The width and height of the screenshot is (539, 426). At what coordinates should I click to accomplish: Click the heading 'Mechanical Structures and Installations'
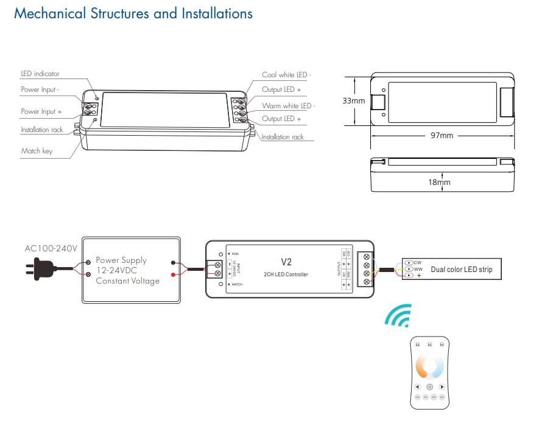point(133,13)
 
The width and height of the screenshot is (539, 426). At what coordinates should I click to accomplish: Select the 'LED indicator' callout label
point(40,74)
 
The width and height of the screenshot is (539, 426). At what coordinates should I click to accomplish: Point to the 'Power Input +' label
point(41,111)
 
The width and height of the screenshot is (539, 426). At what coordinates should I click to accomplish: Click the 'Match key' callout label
point(37,151)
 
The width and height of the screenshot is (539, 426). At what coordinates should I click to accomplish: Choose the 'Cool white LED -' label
point(286,75)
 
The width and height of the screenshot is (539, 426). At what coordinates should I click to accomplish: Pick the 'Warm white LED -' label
point(288,106)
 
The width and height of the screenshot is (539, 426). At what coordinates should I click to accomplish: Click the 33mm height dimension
point(354,100)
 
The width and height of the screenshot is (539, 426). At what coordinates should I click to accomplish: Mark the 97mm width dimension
point(442,135)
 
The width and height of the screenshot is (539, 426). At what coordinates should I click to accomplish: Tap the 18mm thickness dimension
point(439,182)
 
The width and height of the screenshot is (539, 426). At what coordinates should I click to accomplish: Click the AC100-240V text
point(51,248)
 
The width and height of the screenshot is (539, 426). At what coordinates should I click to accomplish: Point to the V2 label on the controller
point(286,262)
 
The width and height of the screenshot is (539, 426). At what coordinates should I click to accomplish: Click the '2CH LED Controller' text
point(286,274)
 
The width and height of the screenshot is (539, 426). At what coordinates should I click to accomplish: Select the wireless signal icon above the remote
point(397,316)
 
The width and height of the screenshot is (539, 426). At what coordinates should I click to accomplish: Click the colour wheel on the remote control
point(430,367)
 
